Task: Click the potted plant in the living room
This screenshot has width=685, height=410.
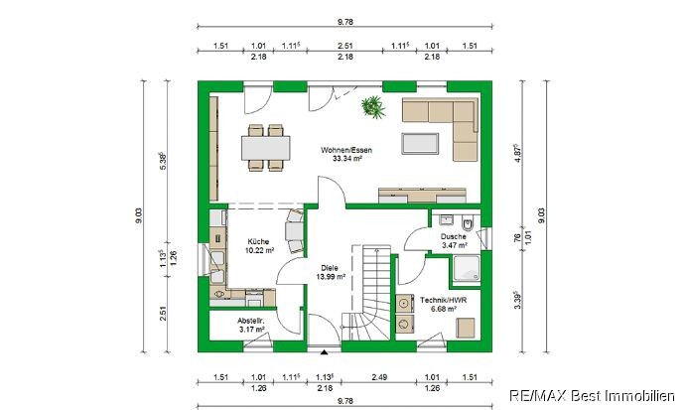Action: pyautogui.click(x=373, y=107)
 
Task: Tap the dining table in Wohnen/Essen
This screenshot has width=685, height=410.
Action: pyautogui.click(x=266, y=148)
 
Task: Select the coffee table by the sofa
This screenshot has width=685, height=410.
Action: pyautogui.click(x=420, y=143)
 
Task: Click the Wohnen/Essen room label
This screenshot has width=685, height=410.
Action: pyautogui.click(x=346, y=154)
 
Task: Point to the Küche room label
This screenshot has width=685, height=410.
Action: pyautogui.click(x=259, y=246)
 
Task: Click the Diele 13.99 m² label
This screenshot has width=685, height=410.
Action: pyautogui.click(x=330, y=272)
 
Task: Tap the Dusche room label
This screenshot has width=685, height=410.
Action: pyautogui.click(x=454, y=240)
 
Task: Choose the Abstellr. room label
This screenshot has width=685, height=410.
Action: pyautogui.click(x=251, y=325)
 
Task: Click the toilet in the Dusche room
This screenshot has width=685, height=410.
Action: pyautogui.click(x=468, y=224)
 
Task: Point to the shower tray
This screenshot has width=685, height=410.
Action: pyautogui.click(x=467, y=268)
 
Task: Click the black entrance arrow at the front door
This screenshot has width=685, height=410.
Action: pyautogui.click(x=324, y=352)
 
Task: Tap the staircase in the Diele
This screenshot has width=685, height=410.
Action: pyautogui.click(x=369, y=293)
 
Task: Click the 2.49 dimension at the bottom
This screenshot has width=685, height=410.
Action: pyautogui.click(x=379, y=377)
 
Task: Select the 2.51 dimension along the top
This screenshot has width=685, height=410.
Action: pyautogui.click(x=345, y=46)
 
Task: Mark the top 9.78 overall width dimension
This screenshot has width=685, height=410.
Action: pyautogui.click(x=345, y=22)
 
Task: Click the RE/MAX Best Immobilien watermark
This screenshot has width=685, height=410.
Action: pyautogui.click(x=592, y=396)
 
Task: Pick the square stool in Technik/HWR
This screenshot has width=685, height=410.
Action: pyautogui.click(x=466, y=328)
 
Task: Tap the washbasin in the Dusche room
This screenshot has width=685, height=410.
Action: pyautogui.click(x=446, y=219)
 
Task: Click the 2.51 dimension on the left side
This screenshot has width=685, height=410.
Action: pyautogui.click(x=163, y=313)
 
